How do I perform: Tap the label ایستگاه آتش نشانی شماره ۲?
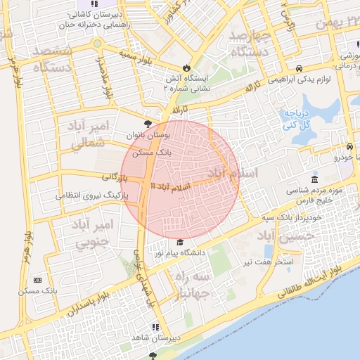[x=186, y=84]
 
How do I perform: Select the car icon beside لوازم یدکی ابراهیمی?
[x=300, y=68]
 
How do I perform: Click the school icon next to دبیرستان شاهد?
[x=155, y=327]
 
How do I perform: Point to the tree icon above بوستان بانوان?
[x=147, y=124]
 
